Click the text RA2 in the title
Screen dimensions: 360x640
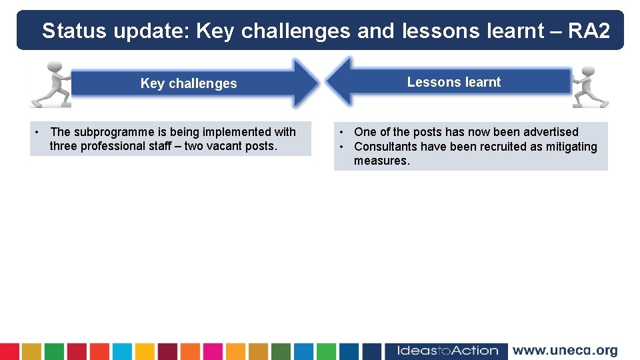coord(589,31)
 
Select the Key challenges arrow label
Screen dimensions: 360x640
coord(189,83)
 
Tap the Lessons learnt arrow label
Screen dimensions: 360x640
coord(453,82)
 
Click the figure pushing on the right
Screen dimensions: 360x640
coord(590,86)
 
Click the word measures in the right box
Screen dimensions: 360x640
coord(380,161)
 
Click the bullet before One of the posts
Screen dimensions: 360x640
coord(341,132)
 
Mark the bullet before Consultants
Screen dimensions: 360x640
coord(341,147)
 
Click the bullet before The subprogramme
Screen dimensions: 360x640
coord(37,132)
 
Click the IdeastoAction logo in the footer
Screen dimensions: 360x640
coord(447,351)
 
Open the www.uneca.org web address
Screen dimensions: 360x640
coord(565,351)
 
